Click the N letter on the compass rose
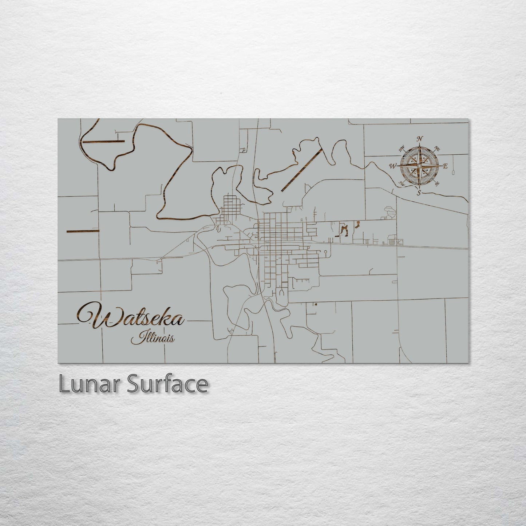(420, 139)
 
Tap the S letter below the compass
(419, 192)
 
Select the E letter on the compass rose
(444, 166)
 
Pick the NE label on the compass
(438, 149)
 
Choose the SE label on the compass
(437, 183)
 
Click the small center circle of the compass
(420, 166)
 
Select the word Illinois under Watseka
(153, 339)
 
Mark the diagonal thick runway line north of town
(302, 169)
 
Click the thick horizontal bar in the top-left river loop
(104, 141)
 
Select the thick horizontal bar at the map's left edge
(83, 231)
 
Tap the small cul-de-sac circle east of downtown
(324, 251)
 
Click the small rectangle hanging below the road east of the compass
(453, 169)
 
